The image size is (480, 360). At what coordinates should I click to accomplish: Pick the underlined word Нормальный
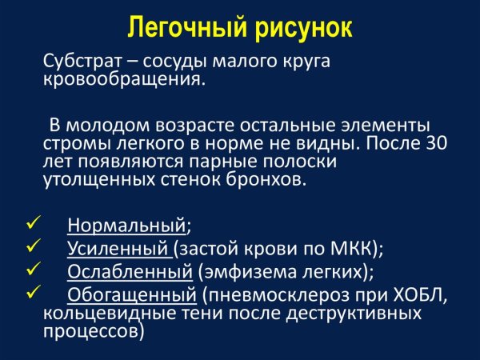click(127, 224)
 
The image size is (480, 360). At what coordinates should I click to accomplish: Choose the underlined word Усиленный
click(118, 247)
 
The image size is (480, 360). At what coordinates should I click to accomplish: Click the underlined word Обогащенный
click(131, 294)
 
